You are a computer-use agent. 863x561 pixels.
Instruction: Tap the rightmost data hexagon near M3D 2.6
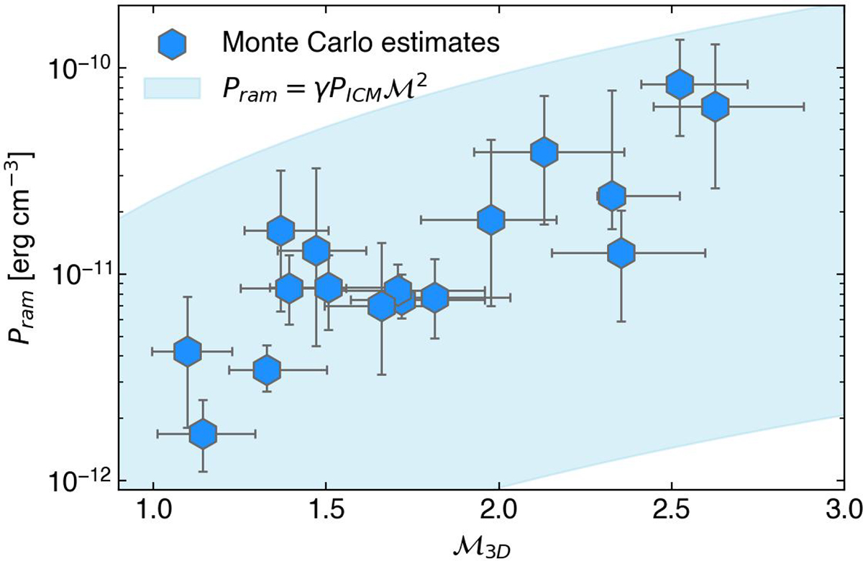pyautogui.click(x=714, y=106)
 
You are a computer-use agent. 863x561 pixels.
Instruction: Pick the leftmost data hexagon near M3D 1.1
pyautogui.click(x=187, y=351)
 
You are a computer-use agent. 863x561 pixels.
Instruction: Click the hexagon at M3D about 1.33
pyautogui.click(x=267, y=370)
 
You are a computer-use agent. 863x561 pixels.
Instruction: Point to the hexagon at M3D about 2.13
pyautogui.click(x=544, y=152)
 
